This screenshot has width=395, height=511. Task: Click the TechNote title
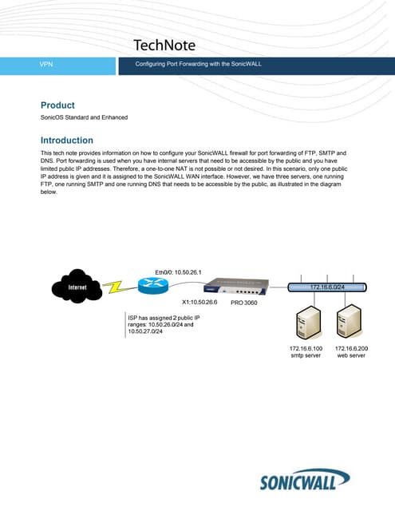164,45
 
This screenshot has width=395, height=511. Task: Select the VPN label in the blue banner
46,63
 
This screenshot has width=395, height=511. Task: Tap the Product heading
57,105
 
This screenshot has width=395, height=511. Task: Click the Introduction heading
67,140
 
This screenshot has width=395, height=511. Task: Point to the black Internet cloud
77,287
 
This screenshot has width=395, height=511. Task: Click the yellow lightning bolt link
115,286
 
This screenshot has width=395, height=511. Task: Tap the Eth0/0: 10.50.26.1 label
179,272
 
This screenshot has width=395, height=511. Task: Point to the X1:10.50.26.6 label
200,303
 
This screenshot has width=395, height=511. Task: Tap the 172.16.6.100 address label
306,349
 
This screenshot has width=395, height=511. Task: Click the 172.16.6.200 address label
352,349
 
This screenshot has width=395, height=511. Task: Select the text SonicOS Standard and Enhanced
84,118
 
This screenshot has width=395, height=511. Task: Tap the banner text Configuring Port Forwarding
199,63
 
